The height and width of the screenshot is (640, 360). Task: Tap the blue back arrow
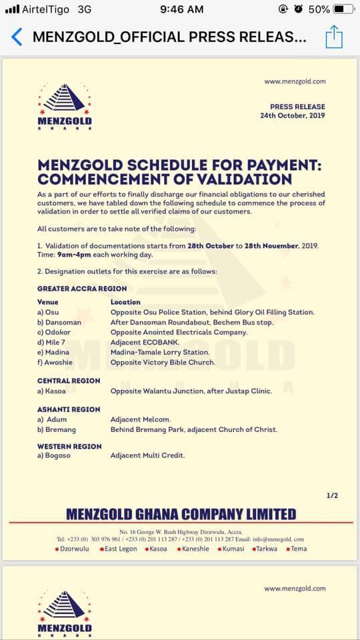point(17,37)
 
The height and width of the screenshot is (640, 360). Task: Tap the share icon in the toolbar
point(334,37)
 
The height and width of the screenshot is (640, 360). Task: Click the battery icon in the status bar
point(344,9)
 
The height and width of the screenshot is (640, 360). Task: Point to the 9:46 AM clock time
point(182,9)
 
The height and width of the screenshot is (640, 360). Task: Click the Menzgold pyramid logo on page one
point(65,99)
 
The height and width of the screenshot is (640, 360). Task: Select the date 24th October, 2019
point(293,115)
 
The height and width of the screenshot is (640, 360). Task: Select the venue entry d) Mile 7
point(53,342)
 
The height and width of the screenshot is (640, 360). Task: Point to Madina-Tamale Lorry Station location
point(160,352)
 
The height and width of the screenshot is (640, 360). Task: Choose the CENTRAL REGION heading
point(69,381)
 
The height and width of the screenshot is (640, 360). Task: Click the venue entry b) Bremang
point(56,430)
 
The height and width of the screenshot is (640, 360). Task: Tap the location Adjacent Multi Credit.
point(147,455)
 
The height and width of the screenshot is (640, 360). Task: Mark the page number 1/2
point(333,495)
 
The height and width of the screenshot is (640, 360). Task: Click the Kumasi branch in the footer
point(231,549)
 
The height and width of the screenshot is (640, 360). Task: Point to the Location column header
point(125,302)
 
